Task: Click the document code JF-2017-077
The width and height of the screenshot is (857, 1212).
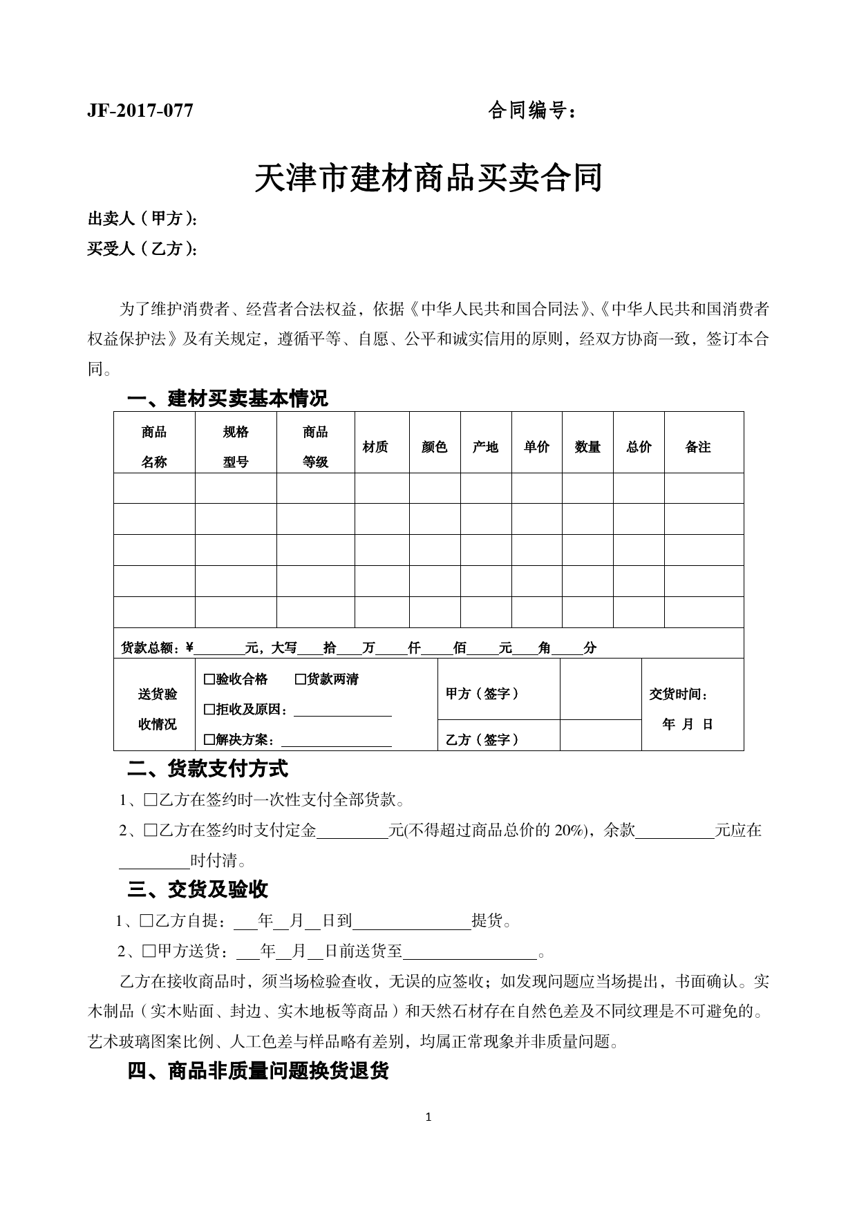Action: [140, 111]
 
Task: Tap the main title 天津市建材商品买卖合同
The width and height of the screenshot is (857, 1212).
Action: [428, 178]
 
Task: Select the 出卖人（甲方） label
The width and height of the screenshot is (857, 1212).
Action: [142, 219]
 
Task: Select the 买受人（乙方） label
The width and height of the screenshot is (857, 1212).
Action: [142, 249]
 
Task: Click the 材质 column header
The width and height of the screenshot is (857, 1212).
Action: [375, 447]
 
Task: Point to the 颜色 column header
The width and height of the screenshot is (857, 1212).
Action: [435, 447]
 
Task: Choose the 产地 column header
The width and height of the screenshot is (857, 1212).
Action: [485, 447]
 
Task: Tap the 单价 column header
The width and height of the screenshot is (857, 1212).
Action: [536, 447]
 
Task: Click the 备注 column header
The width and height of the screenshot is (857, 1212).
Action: [698, 447]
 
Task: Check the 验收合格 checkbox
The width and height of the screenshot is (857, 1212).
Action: [209, 679]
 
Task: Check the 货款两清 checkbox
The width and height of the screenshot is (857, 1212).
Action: [301, 679]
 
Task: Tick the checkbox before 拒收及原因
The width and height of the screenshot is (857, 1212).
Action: [209, 710]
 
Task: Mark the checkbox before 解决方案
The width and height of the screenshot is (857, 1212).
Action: [209, 740]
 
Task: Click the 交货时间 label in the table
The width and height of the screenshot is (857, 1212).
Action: [679, 694]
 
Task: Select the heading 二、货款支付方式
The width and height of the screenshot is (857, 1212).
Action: [207, 768]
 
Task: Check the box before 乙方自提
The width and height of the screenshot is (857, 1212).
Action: [147, 921]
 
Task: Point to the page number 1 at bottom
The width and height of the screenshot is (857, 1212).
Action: [428, 1117]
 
